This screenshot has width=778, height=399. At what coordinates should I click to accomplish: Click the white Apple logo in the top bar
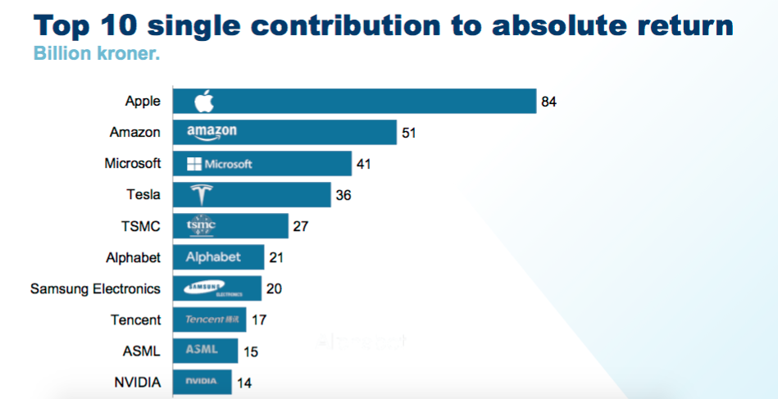pyautogui.click(x=204, y=102)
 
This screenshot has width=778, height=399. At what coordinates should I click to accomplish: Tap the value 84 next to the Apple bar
pyautogui.click(x=548, y=102)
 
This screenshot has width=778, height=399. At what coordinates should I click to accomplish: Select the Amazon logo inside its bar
pyautogui.click(x=212, y=132)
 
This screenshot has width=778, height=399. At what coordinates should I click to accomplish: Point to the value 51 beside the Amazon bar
pyautogui.click(x=409, y=132)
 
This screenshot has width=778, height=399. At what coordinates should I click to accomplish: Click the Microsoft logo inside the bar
pyautogui.click(x=219, y=164)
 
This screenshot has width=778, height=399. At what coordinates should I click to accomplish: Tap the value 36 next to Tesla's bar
pyautogui.click(x=344, y=195)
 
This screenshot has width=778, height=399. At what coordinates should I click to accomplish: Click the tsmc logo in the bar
pyautogui.click(x=201, y=225)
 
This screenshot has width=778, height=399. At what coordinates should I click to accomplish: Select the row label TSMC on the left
pyautogui.click(x=141, y=226)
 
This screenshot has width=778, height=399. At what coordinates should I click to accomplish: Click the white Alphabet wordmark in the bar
pyautogui.click(x=213, y=257)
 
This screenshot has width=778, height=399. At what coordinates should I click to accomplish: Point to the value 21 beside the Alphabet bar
pyautogui.click(x=276, y=257)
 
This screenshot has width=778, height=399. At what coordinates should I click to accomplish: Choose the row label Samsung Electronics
pyautogui.click(x=95, y=288)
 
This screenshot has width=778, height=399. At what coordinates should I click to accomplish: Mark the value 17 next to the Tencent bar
pyautogui.click(x=258, y=320)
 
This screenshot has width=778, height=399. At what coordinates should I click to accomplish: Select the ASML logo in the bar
pyautogui.click(x=202, y=350)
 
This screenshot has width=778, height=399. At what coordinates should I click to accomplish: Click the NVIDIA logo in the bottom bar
pyautogui.click(x=201, y=382)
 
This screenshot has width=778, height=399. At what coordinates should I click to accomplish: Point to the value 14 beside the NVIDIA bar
pyautogui.click(x=244, y=382)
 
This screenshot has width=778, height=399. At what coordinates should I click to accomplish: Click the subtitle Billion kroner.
pyautogui.click(x=96, y=56)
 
